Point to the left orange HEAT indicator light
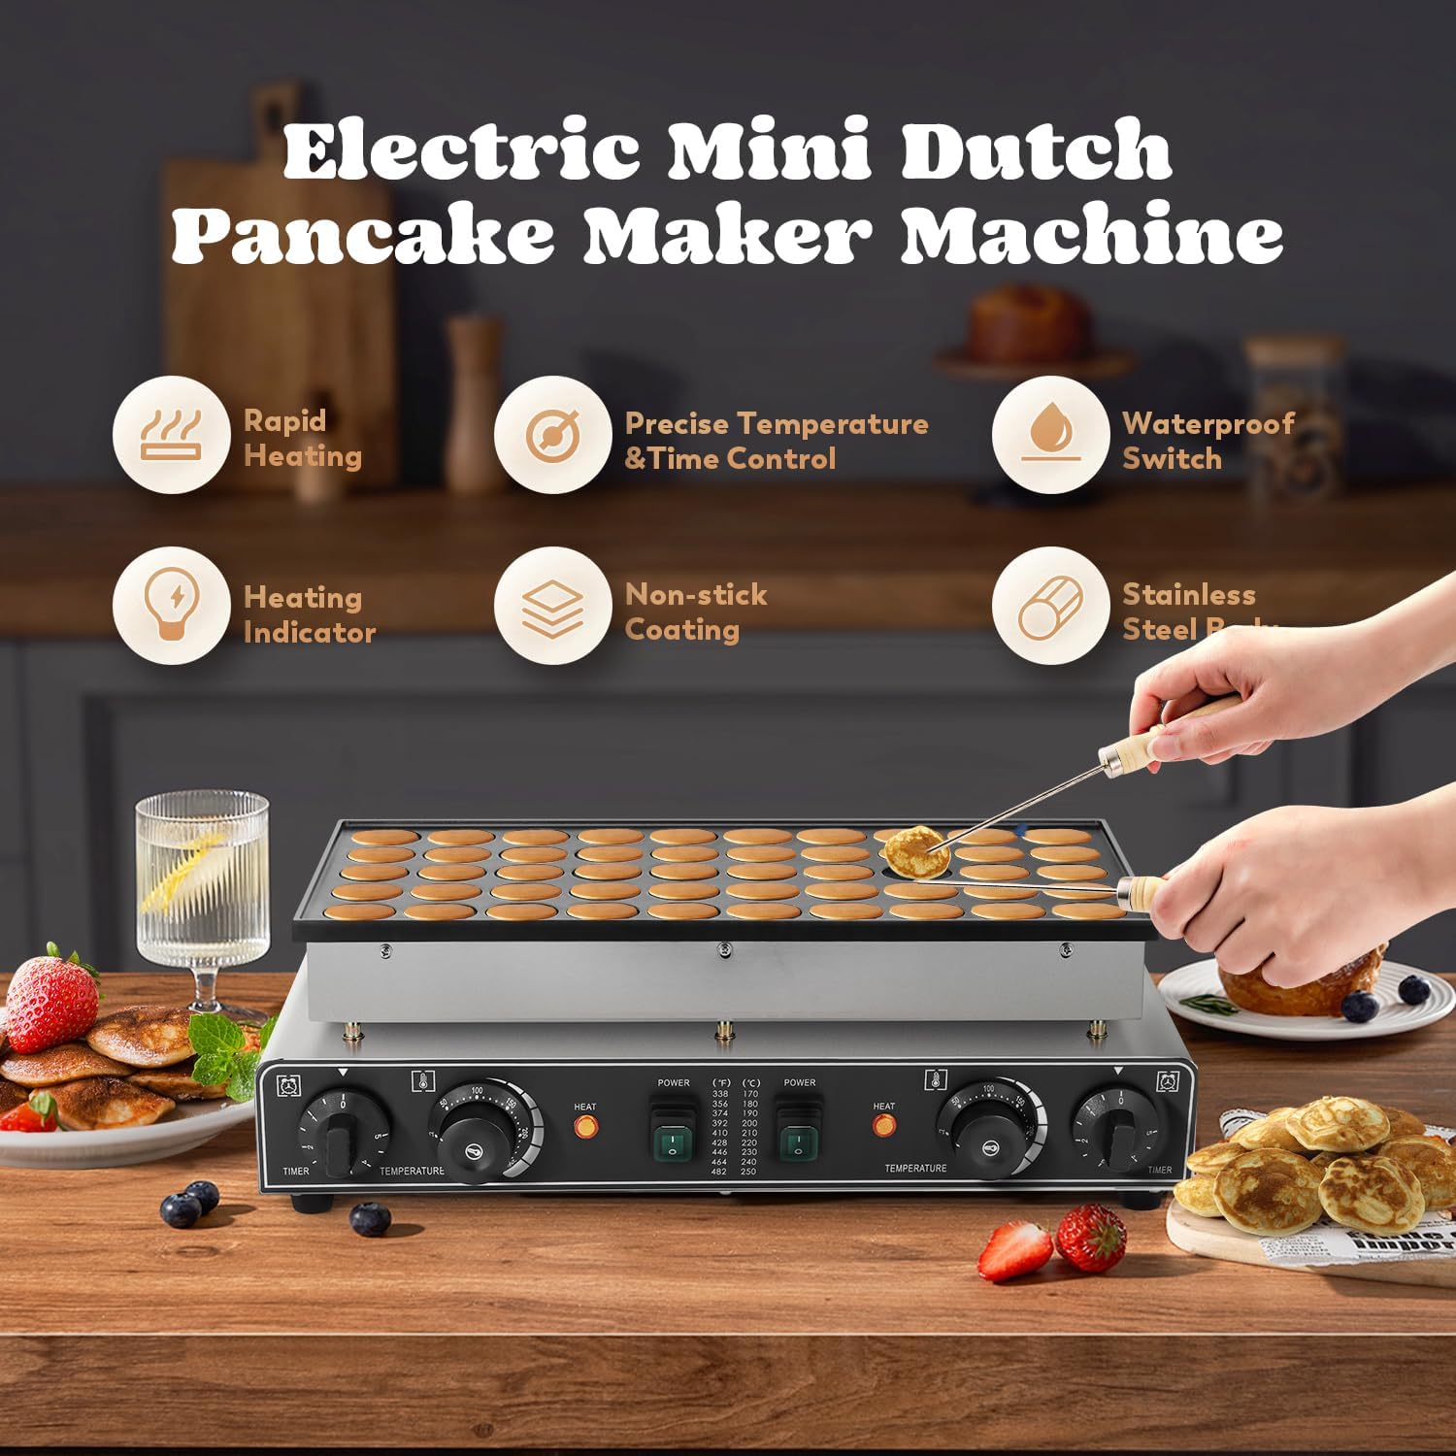pos(585,1127)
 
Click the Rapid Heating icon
pos(172,435)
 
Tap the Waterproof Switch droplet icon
pos(1050,435)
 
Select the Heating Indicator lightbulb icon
pos(172,606)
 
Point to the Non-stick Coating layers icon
pos(552,606)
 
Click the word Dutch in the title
pos(1037,150)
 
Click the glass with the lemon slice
pos(202,883)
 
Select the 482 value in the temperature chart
pos(719,1172)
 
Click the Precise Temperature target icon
pos(552,435)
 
